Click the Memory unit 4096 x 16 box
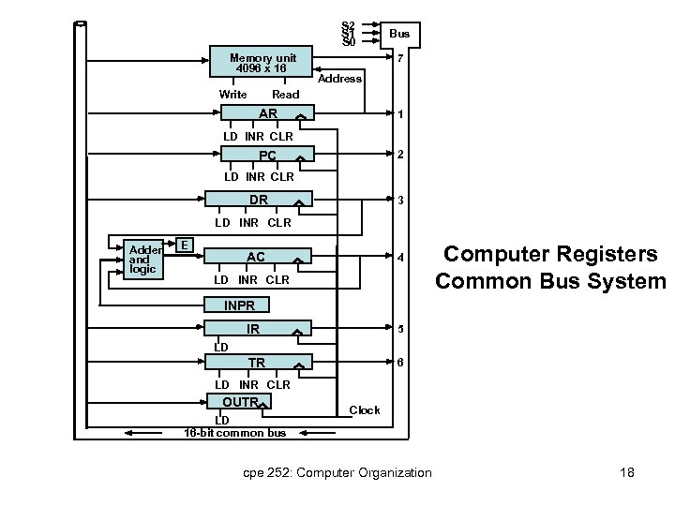(x=261, y=62)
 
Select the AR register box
(x=267, y=112)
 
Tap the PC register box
(x=267, y=154)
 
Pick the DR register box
(x=259, y=199)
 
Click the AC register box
(x=258, y=256)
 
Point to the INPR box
(x=237, y=305)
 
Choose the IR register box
(x=258, y=328)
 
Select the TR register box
(x=259, y=363)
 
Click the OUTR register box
(x=239, y=401)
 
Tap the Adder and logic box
(x=143, y=260)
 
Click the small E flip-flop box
(x=185, y=245)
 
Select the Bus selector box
(x=400, y=35)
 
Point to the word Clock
(x=365, y=410)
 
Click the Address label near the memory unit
(x=339, y=79)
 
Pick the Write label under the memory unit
(x=232, y=95)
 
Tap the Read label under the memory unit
(x=285, y=95)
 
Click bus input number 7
(x=400, y=58)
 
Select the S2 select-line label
(x=348, y=25)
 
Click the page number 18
(x=627, y=472)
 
